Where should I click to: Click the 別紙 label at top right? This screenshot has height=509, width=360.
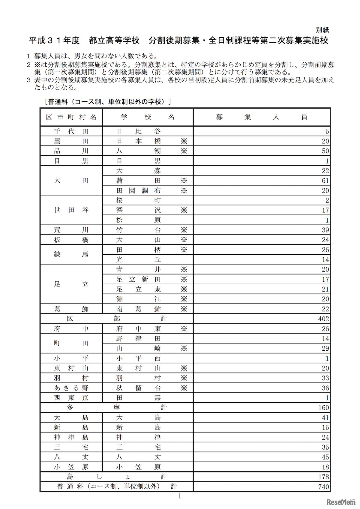(322, 30)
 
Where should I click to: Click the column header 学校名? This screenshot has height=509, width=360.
(148, 117)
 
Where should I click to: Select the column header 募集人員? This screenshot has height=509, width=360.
(261, 117)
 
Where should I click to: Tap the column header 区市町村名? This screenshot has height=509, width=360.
(71, 117)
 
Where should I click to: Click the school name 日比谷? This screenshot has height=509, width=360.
(138, 131)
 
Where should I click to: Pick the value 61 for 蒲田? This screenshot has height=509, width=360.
(325, 181)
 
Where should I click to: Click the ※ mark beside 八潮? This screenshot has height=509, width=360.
(184, 151)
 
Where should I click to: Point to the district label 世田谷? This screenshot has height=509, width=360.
(71, 210)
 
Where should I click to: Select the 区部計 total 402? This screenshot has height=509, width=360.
(323, 319)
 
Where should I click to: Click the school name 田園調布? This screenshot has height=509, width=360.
(138, 190)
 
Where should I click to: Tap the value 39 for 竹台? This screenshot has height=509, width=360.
(325, 230)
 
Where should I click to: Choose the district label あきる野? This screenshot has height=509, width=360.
(71, 388)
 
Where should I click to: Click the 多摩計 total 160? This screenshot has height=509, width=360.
(323, 408)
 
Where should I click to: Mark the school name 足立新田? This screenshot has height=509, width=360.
(138, 279)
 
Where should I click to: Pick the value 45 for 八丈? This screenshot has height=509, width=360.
(325, 457)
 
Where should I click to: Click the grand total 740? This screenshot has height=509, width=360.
(323, 487)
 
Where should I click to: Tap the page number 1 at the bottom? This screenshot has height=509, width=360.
(180, 496)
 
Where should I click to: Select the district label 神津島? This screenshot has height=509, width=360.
(71, 437)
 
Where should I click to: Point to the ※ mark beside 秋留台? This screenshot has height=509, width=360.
(184, 388)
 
